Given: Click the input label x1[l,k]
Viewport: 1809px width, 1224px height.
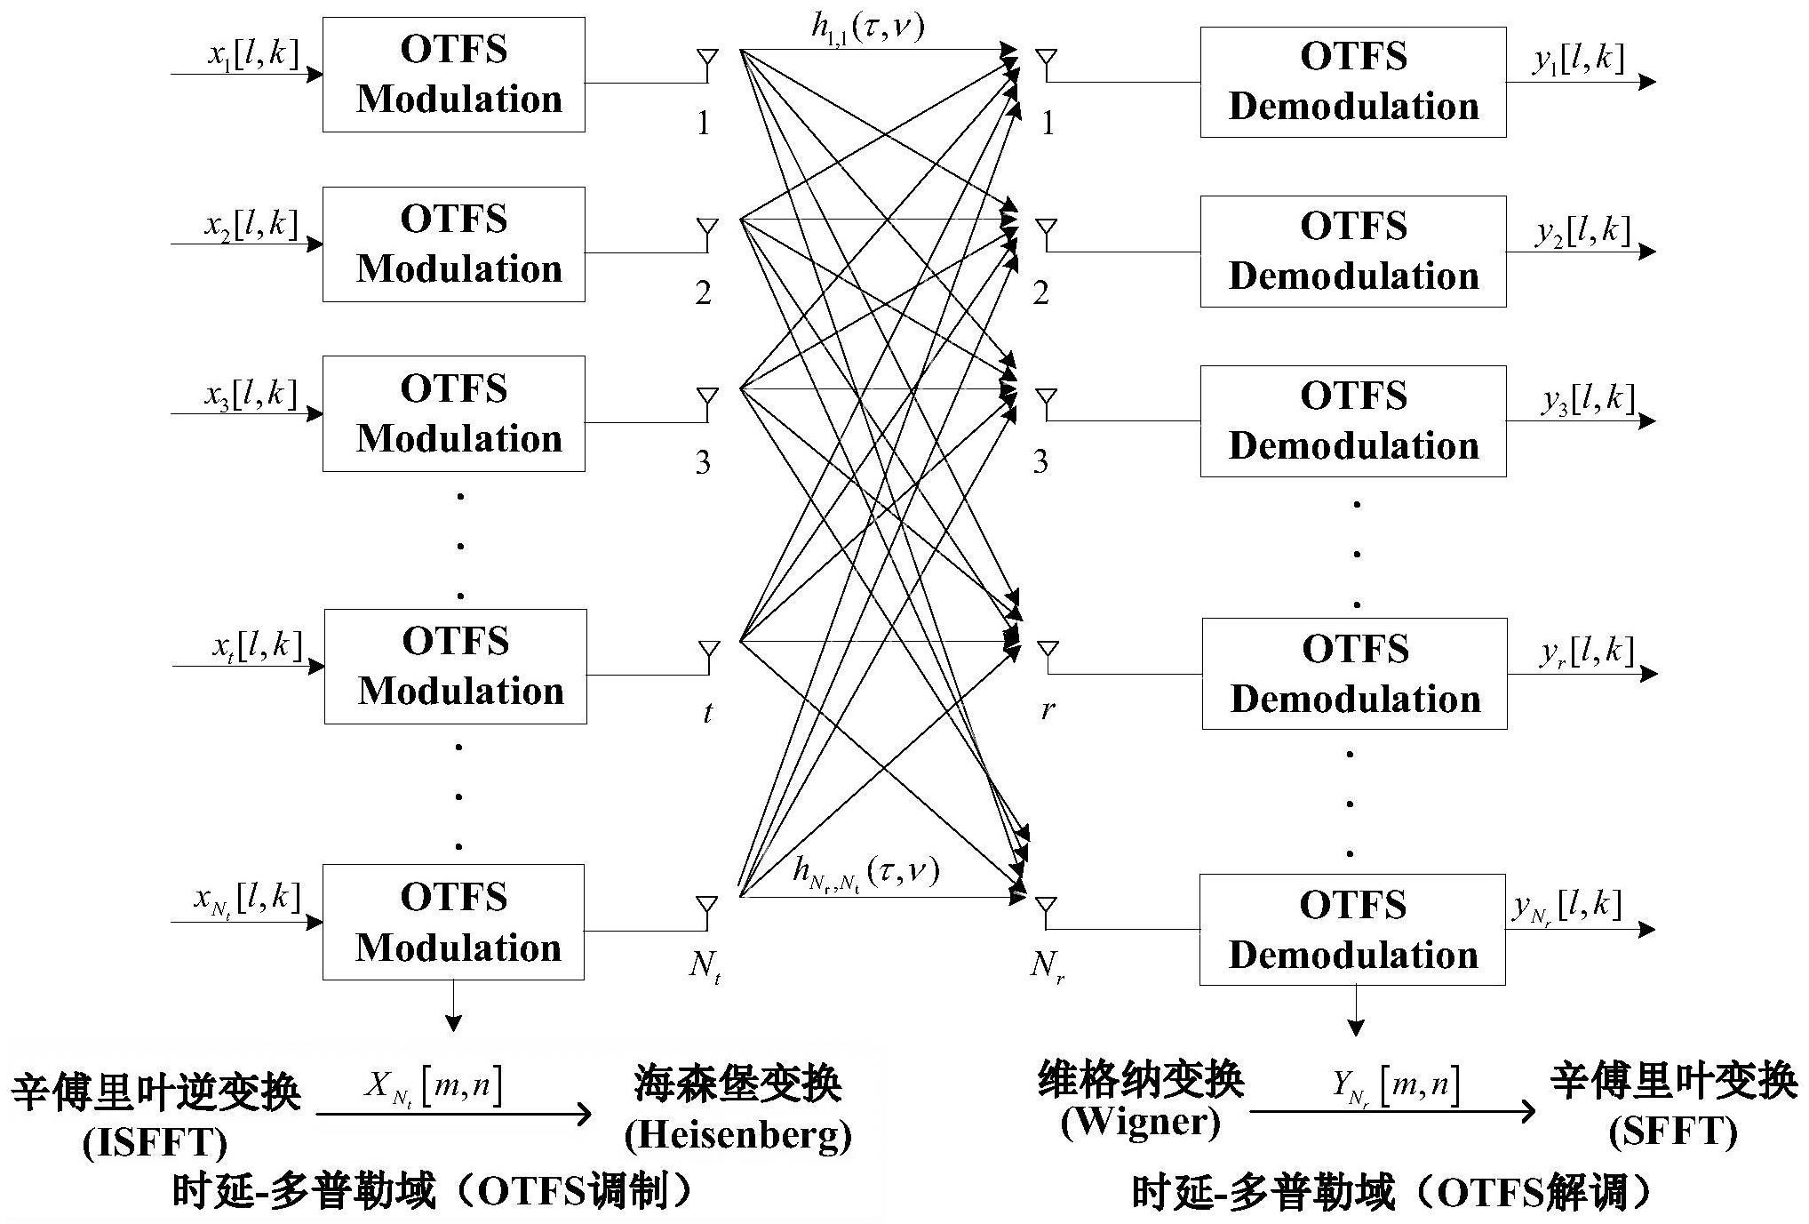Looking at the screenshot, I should coord(252,54).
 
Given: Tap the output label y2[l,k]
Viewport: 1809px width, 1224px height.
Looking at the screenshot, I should coord(1582,232).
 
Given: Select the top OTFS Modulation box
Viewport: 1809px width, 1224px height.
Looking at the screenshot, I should coord(453,75).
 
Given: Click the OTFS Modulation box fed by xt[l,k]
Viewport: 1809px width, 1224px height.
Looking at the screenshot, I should coord(455,666).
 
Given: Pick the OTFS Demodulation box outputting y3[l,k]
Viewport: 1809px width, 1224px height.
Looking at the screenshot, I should coord(1352,420).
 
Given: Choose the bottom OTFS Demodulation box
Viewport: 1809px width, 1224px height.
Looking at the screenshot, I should coord(1351,929).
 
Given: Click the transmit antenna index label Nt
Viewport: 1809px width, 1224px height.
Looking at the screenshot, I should coord(705,967).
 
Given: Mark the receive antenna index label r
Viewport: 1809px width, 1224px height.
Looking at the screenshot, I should coord(1048,709).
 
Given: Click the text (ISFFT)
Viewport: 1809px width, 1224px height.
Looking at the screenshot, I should coord(155,1143).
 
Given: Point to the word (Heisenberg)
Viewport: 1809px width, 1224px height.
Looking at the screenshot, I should coord(737,1135).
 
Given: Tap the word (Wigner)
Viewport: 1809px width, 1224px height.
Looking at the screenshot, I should coord(1140,1122).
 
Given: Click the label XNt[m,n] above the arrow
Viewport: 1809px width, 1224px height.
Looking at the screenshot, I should coord(433,1086).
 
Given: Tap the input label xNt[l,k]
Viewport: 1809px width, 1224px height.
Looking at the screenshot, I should coord(247,900).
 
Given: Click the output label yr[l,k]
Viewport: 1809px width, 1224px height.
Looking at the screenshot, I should coord(1586,653).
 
